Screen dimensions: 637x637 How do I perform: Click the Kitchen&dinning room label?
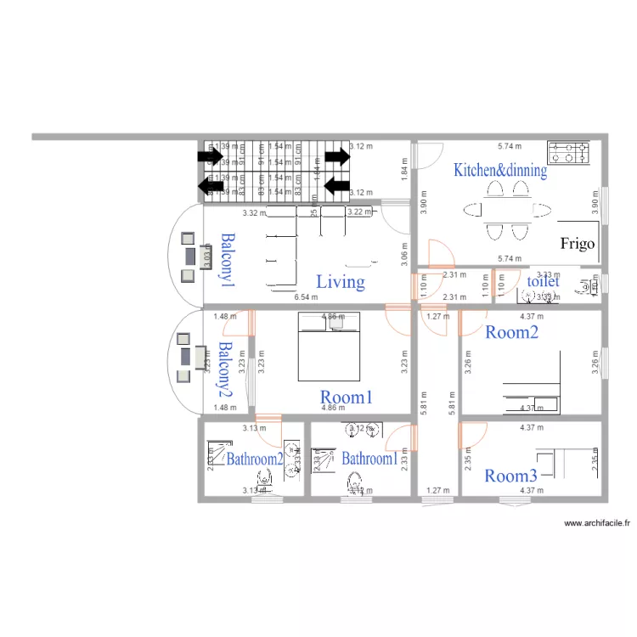point(499,170)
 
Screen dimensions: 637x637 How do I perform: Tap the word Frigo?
point(578,244)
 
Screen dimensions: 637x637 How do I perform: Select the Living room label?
point(341,282)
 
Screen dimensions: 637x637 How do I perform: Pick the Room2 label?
point(511,332)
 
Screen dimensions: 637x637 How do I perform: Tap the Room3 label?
point(511,476)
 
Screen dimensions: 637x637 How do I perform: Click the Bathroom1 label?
point(369,459)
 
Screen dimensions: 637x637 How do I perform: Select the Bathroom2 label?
point(254,459)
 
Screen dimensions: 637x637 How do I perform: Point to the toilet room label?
point(544,281)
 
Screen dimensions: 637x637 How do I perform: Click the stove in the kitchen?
point(568,153)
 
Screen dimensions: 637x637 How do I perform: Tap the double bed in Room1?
point(328,347)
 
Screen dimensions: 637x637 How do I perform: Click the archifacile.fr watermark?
point(599,524)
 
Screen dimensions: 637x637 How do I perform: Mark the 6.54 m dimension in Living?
point(306,297)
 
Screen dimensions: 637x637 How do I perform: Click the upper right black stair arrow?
point(337,156)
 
